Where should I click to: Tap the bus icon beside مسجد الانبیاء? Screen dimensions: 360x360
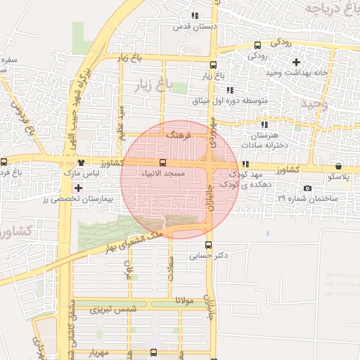coord(163,163)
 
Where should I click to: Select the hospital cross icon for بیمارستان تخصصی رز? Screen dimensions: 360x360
coord(77,188)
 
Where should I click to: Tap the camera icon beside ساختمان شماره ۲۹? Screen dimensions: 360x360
coord(307,188)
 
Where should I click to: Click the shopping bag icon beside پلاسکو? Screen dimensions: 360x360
coord(340,167)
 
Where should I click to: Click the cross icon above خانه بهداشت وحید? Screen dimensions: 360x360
coord(296,62)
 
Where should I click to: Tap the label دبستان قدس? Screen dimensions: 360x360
coord(198,26)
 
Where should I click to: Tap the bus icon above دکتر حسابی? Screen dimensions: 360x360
coord(207,245)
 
